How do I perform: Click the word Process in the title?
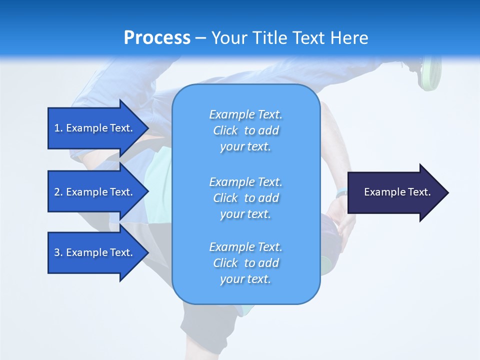tap(157, 37)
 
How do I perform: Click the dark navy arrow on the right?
tap(395, 192)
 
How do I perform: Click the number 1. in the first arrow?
tap(58, 128)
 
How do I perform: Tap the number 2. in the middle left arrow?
tap(58, 192)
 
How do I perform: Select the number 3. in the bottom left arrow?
tap(58, 252)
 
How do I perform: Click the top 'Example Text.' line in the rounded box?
tap(245, 114)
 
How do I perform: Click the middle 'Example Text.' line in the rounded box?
tap(245, 181)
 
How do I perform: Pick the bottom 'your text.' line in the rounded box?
tap(245, 279)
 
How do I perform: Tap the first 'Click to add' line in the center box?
tap(245, 130)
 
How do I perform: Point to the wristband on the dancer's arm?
tap(342, 193)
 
